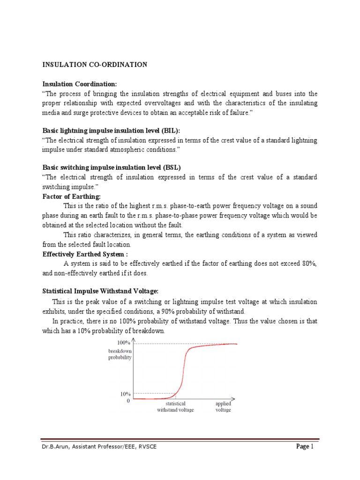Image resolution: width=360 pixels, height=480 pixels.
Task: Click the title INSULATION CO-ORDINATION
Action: click(x=95, y=65)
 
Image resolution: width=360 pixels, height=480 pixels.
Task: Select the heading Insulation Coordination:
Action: click(x=79, y=84)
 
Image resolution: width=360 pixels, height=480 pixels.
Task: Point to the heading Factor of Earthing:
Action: click(x=72, y=196)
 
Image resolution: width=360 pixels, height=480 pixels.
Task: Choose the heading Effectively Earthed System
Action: click(x=85, y=254)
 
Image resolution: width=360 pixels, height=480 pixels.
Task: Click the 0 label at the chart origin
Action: click(x=128, y=401)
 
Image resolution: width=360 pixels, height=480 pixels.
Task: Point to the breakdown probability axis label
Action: click(x=120, y=354)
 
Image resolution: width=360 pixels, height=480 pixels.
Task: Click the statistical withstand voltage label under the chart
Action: click(x=175, y=406)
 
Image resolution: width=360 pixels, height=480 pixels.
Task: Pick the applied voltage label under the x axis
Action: click(x=223, y=406)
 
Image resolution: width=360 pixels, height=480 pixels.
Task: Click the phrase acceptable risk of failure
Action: click(x=230, y=112)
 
